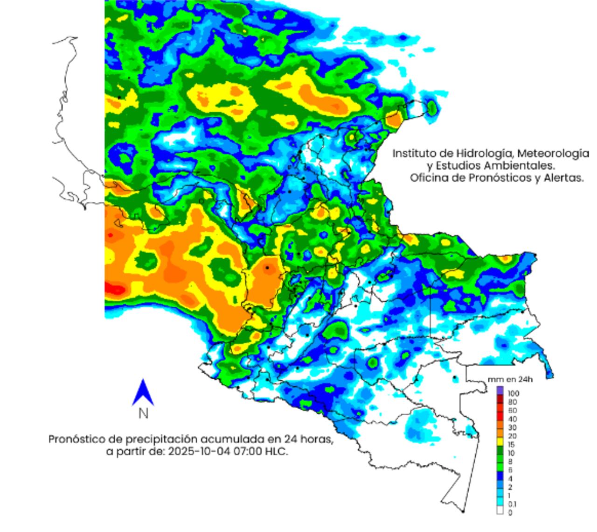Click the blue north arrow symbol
pyautogui.click(x=143, y=392)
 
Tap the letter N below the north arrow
pyautogui.click(x=143, y=414)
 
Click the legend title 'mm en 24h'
pyautogui.click(x=510, y=379)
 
